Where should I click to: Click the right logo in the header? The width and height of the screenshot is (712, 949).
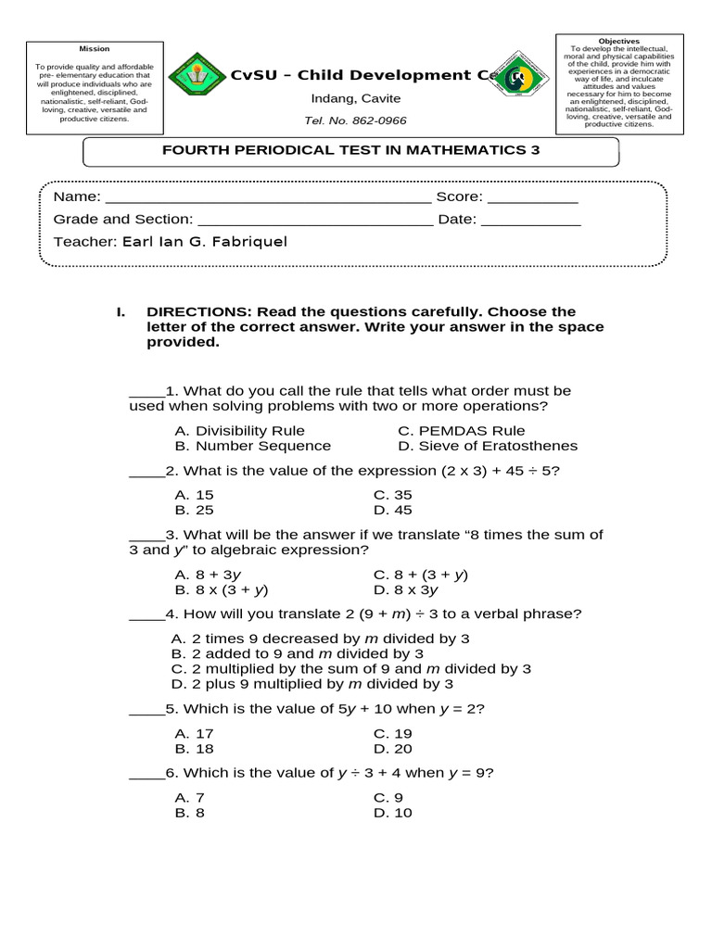point(518,78)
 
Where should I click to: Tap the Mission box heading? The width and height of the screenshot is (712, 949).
point(94,48)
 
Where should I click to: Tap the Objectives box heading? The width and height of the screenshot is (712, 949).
point(619,42)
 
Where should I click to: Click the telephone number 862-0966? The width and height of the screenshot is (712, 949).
point(355,120)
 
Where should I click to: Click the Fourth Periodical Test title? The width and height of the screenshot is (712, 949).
point(350,150)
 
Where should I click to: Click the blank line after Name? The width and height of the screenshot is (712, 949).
point(269,198)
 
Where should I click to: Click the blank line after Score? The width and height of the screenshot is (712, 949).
point(532,198)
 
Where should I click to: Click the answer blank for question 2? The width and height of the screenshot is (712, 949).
point(146,472)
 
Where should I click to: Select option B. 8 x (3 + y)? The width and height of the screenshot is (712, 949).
point(222,589)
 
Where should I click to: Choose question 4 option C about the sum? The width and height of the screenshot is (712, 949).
point(351,668)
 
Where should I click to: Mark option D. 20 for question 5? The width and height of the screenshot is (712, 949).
point(393,749)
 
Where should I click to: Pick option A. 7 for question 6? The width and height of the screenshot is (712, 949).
point(189,798)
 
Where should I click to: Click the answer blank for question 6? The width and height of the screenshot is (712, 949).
point(146,774)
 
